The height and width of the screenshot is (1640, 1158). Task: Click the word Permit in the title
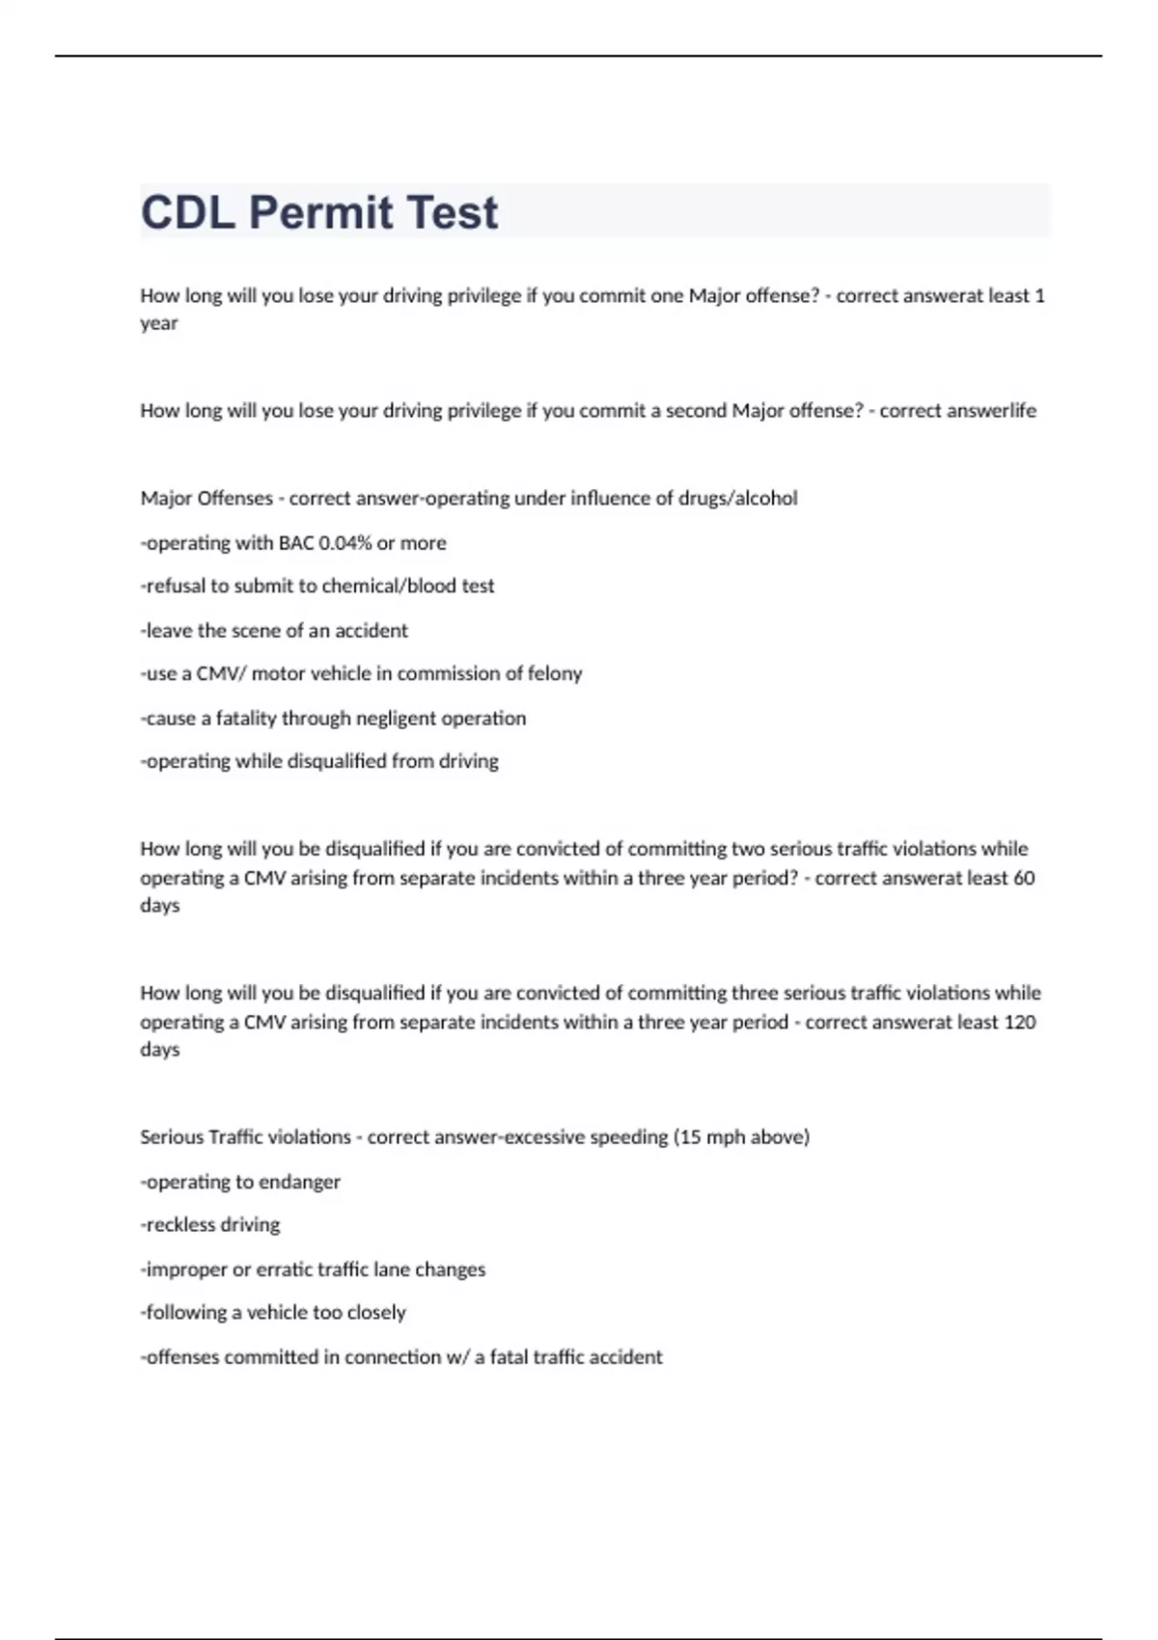(320, 212)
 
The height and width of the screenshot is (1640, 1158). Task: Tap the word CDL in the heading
(188, 212)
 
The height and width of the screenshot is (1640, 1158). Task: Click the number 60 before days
(1024, 878)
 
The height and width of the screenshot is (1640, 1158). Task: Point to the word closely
(375, 1313)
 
